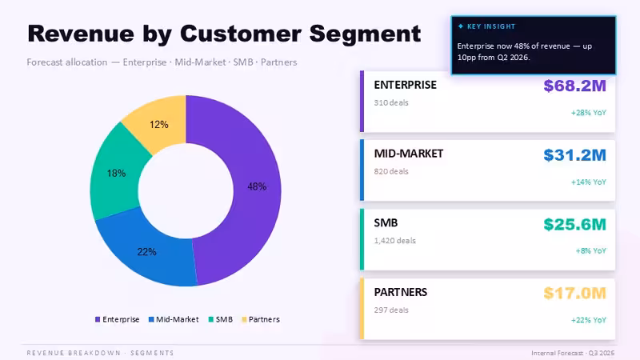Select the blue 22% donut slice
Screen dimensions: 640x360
point(147,253)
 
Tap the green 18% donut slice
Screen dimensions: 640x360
point(116,174)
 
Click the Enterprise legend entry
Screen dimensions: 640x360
point(117,319)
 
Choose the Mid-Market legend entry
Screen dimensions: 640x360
point(174,319)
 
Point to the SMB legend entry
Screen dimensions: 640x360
point(221,319)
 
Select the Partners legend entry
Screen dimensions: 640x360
point(261,319)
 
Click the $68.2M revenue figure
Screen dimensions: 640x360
point(574,86)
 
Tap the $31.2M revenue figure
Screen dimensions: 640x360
point(574,155)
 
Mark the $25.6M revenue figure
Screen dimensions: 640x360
point(574,225)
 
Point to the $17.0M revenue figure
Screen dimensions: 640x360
point(574,294)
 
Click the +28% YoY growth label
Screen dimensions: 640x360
point(589,113)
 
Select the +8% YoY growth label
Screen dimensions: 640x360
point(591,250)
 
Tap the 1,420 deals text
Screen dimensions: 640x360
point(394,241)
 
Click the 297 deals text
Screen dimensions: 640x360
point(391,310)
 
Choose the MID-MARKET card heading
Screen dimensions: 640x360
point(409,154)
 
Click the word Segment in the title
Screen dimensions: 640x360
point(365,34)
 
